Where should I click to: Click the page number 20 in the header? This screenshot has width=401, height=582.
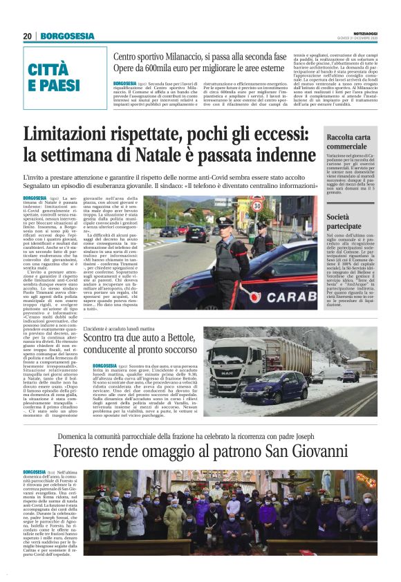(x=28, y=37)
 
